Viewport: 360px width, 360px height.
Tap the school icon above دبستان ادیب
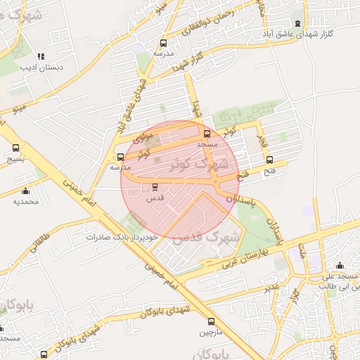coord(40,56)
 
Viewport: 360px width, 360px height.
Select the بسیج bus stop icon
coord(16,148)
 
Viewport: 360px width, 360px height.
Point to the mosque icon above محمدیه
coord(26,191)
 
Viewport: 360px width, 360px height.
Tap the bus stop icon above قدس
coord(155,187)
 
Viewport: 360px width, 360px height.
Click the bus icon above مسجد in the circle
coord(207,134)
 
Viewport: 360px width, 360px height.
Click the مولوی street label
coord(143,131)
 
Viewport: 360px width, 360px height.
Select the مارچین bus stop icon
coord(211,319)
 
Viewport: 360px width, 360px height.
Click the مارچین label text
coord(211,330)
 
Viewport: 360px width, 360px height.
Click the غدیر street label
coord(271,288)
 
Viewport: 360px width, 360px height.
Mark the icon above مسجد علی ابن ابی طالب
coord(340,265)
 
